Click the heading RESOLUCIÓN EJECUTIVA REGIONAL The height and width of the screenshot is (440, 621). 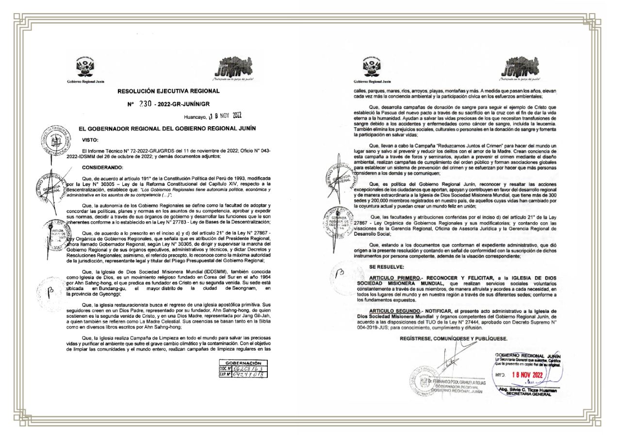pos(168,91)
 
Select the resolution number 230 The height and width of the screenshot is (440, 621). pos(145,103)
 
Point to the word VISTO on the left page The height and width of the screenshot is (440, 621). pos(90,140)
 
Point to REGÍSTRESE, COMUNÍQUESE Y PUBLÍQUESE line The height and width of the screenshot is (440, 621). pos(454,338)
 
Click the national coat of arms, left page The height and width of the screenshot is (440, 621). pos(85,66)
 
